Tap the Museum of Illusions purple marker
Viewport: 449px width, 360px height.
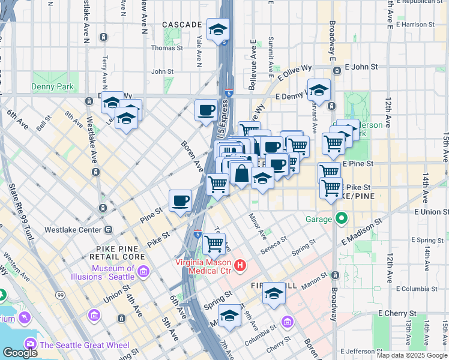point(143,272)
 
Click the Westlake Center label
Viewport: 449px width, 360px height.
point(73,229)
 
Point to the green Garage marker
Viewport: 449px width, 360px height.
point(342,218)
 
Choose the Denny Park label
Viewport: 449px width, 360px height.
point(53,86)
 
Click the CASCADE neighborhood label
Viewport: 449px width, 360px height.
point(182,25)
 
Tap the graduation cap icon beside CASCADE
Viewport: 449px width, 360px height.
point(218,29)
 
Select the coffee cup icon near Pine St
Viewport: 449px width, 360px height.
point(180,200)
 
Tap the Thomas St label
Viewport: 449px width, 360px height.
point(167,48)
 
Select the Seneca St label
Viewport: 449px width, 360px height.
point(271,246)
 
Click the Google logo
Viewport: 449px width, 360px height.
point(20,353)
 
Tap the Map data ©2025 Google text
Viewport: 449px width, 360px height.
point(411,355)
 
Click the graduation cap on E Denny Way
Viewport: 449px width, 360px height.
point(319,91)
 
